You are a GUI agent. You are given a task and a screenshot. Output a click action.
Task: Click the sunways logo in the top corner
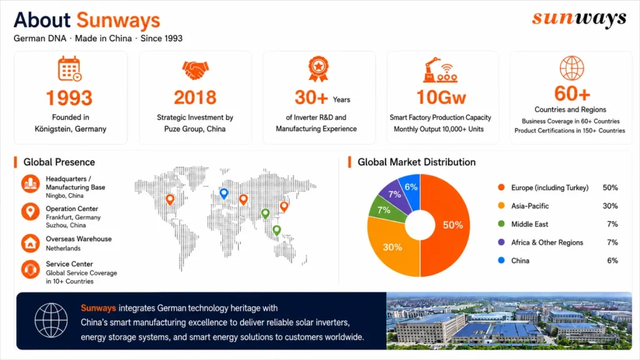coord(579,19)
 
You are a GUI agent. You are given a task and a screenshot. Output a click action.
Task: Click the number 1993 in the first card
coord(69,98)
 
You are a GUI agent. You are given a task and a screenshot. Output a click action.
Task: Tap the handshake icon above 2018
coord(195,70)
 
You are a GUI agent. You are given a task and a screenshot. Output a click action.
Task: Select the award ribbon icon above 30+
coord(318,69)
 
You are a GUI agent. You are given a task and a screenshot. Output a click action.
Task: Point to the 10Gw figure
coord(441,97)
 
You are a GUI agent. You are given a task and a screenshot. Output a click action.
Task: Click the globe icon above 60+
coord(571,68)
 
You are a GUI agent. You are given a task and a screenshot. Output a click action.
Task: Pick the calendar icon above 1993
coord(69,68)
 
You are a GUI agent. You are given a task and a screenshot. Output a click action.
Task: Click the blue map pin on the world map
coord(224,194)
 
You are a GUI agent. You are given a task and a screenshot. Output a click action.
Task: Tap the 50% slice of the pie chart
coord(447,225)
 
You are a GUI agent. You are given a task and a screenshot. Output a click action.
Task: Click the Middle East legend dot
coord(501,224)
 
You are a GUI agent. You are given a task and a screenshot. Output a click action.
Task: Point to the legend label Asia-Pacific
coord(530,206)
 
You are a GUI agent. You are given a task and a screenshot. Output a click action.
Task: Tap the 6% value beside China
coord(612,261)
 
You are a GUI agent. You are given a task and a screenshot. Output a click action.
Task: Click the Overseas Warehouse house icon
coord(31,243)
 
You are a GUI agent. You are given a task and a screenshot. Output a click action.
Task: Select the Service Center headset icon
coord(31,269)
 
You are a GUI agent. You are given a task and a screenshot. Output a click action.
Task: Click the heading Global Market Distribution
coord(416,162)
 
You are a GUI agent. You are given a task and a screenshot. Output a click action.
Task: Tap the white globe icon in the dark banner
coord(51,321)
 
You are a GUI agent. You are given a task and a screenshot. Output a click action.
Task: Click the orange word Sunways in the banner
coord(98,308)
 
